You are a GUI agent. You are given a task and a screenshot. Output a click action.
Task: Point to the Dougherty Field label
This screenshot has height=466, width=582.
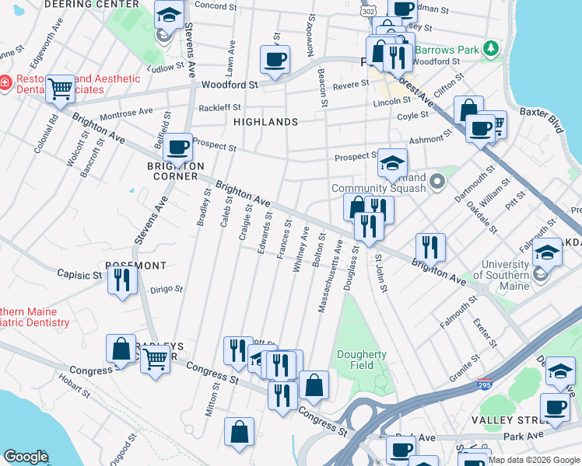pos(362,360)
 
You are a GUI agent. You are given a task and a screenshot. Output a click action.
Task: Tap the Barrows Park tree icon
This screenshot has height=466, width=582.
pos(490,50)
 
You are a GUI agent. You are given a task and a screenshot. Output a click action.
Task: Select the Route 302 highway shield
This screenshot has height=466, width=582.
pos(367,13)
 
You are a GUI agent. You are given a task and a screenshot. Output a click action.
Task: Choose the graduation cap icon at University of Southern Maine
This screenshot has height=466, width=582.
pos(548,252)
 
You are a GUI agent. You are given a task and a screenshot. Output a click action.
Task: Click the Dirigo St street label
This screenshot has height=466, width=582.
pos(166,289)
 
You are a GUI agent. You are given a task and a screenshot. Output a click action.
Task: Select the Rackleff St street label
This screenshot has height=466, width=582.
pos(220,108)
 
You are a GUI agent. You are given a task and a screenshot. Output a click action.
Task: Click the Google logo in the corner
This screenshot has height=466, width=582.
pos(25,457)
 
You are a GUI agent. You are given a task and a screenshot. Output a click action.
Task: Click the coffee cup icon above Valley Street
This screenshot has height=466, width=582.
pos(556,406)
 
